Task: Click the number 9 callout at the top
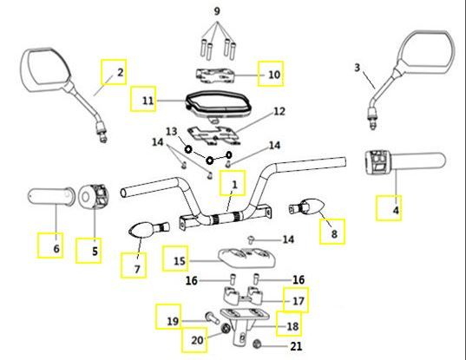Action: (x=217, y=11)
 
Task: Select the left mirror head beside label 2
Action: (x=45, y=69)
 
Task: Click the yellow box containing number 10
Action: (x=271, y=74)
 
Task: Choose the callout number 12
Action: (x=279, y=112)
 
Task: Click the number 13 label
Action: (x=172, y=131)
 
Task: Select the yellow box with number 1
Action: (x=233, y=183)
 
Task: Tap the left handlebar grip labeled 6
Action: (x=50, y=196)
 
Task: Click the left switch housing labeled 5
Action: (x=94, y=197)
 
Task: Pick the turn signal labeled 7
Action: (x=148, y=230)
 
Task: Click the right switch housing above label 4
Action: (x=377, y=162)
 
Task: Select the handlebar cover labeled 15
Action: (x=247, y=259)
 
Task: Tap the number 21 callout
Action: (x=296, y=346)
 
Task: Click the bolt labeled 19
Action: (x=213, y=318)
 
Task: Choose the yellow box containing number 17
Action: (x=296, y=299)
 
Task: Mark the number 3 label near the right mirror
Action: (x=357, y=68)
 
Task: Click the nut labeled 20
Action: (x=226, y=329)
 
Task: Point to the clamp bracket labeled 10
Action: (x=215, y=75)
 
